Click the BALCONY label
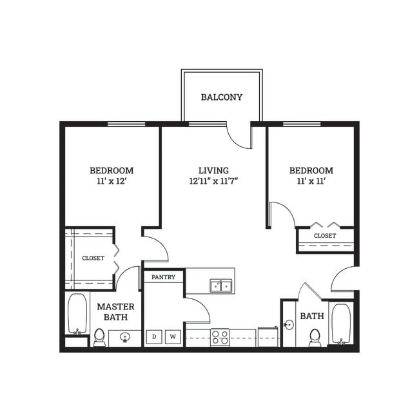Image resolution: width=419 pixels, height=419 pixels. (x=221, y=97)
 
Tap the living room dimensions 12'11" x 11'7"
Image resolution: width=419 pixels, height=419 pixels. (x=214, y=182)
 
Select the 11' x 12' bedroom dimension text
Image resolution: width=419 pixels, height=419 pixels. (x=112, y=182)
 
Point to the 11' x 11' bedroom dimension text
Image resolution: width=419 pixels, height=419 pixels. (x=311, y=182)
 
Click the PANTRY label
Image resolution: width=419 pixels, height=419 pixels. (x=164, y=277)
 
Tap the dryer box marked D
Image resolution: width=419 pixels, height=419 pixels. (x=154, y=336)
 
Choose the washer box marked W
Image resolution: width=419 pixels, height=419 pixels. (x=173, y=336)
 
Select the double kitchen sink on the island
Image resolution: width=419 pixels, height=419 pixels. (x=221, y=286)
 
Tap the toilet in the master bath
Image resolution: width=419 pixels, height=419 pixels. (x=99, y=336)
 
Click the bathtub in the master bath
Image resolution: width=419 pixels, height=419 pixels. (x=78, y=314)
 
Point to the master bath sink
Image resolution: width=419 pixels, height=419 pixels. (x=125, y=337)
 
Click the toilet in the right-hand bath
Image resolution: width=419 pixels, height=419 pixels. (x=315, y=336)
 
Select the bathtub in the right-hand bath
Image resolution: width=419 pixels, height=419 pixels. (x=341, y=322)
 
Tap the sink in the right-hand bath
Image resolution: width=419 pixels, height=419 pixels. (x=289, y=325)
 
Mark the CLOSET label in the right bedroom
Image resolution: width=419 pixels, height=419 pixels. (x=324, y=236)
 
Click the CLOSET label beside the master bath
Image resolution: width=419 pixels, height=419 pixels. (x=93, y=258)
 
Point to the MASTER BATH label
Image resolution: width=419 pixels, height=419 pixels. (x=115, y=311)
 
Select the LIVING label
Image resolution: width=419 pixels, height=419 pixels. (x=214, y=170)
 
